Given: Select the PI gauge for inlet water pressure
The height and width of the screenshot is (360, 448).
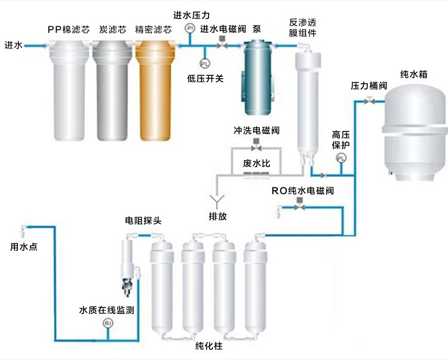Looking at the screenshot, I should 190,28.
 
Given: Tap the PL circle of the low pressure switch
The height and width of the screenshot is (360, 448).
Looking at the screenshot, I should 204,63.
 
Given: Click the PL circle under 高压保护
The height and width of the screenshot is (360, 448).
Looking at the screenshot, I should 341,158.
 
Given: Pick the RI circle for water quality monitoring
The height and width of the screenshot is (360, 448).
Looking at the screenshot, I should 108,323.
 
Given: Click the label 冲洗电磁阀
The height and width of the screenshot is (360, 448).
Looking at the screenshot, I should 256,130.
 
